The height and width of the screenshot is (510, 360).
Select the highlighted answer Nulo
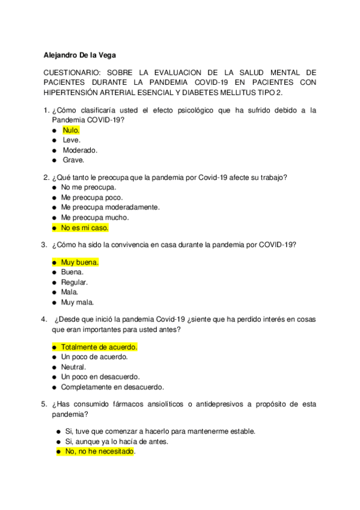pyautogui.click(x=71, y=130)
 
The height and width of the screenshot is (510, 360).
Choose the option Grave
pyautogui.click(x=73, y=161)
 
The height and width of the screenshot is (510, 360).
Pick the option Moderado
pyautogui.click(x=80, y=150)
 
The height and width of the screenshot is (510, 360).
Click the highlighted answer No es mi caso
pyautogui.click(x=85, y=228)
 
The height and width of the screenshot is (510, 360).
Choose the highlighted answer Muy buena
pyautogui.click(x=79, y=262)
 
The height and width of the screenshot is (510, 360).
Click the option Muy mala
pyautogui.click(x=78, y=303)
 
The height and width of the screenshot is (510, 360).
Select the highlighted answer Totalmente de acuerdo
pyautogui.click(x=99, y=347)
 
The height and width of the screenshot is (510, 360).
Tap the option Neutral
pyautogui.click(x=73, y=367)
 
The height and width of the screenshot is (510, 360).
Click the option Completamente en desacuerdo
pyautogui.click(x=112, y=387)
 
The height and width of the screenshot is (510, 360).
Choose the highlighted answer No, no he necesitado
pyautogui.click(x=99, y=452)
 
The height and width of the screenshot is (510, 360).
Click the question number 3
pyautogui.click(x=43, y=245)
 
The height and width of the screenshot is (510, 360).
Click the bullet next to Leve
pyautogui.click(x=54, y=140)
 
